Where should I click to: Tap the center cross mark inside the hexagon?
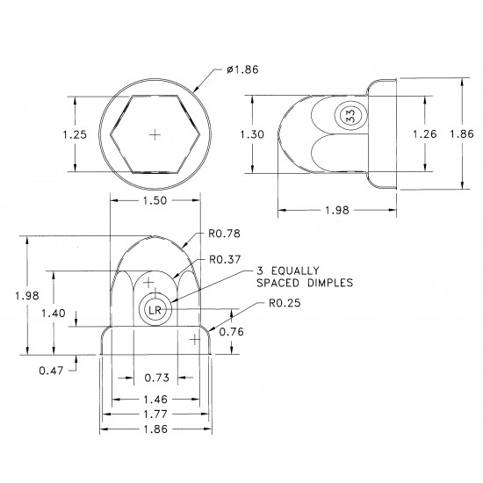(x=155, y=134)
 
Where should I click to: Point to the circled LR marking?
(x=155, y=310)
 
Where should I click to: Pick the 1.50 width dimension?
(x=155, y=202)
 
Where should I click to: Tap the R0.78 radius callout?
(x=225, y=234)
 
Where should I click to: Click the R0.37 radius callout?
(x=225, y=260)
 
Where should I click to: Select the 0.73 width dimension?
(x=155, y=378)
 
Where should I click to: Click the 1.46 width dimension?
(x=155, y=398)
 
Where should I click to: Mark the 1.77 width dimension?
(x=155, y=414)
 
